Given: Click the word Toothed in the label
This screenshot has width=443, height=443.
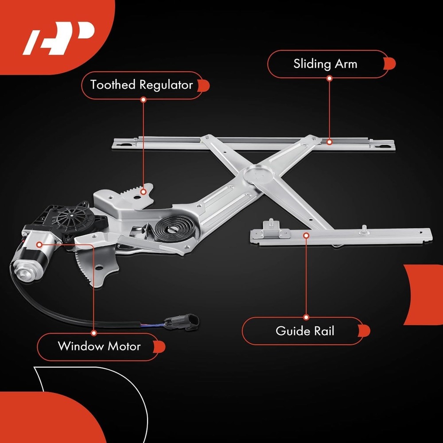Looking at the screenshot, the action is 113,85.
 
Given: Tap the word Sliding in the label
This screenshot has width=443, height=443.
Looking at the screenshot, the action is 312,64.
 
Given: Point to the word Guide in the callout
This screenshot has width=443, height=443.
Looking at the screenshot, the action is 291,331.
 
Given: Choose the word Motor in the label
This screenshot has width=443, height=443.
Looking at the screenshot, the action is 124,346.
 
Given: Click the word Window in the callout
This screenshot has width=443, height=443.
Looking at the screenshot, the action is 81,346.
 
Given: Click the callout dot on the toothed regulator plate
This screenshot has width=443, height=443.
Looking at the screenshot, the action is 143,192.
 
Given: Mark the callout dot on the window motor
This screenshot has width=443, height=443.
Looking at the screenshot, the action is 39,245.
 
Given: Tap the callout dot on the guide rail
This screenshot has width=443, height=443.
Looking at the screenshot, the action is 306,235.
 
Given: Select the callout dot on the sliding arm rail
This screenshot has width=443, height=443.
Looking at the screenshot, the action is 329,142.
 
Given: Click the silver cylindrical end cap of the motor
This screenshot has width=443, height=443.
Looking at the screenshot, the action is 23,271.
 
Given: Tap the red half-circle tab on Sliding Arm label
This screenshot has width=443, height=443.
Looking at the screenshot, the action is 390,64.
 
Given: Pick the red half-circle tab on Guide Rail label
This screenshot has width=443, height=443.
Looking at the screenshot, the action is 365,331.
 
